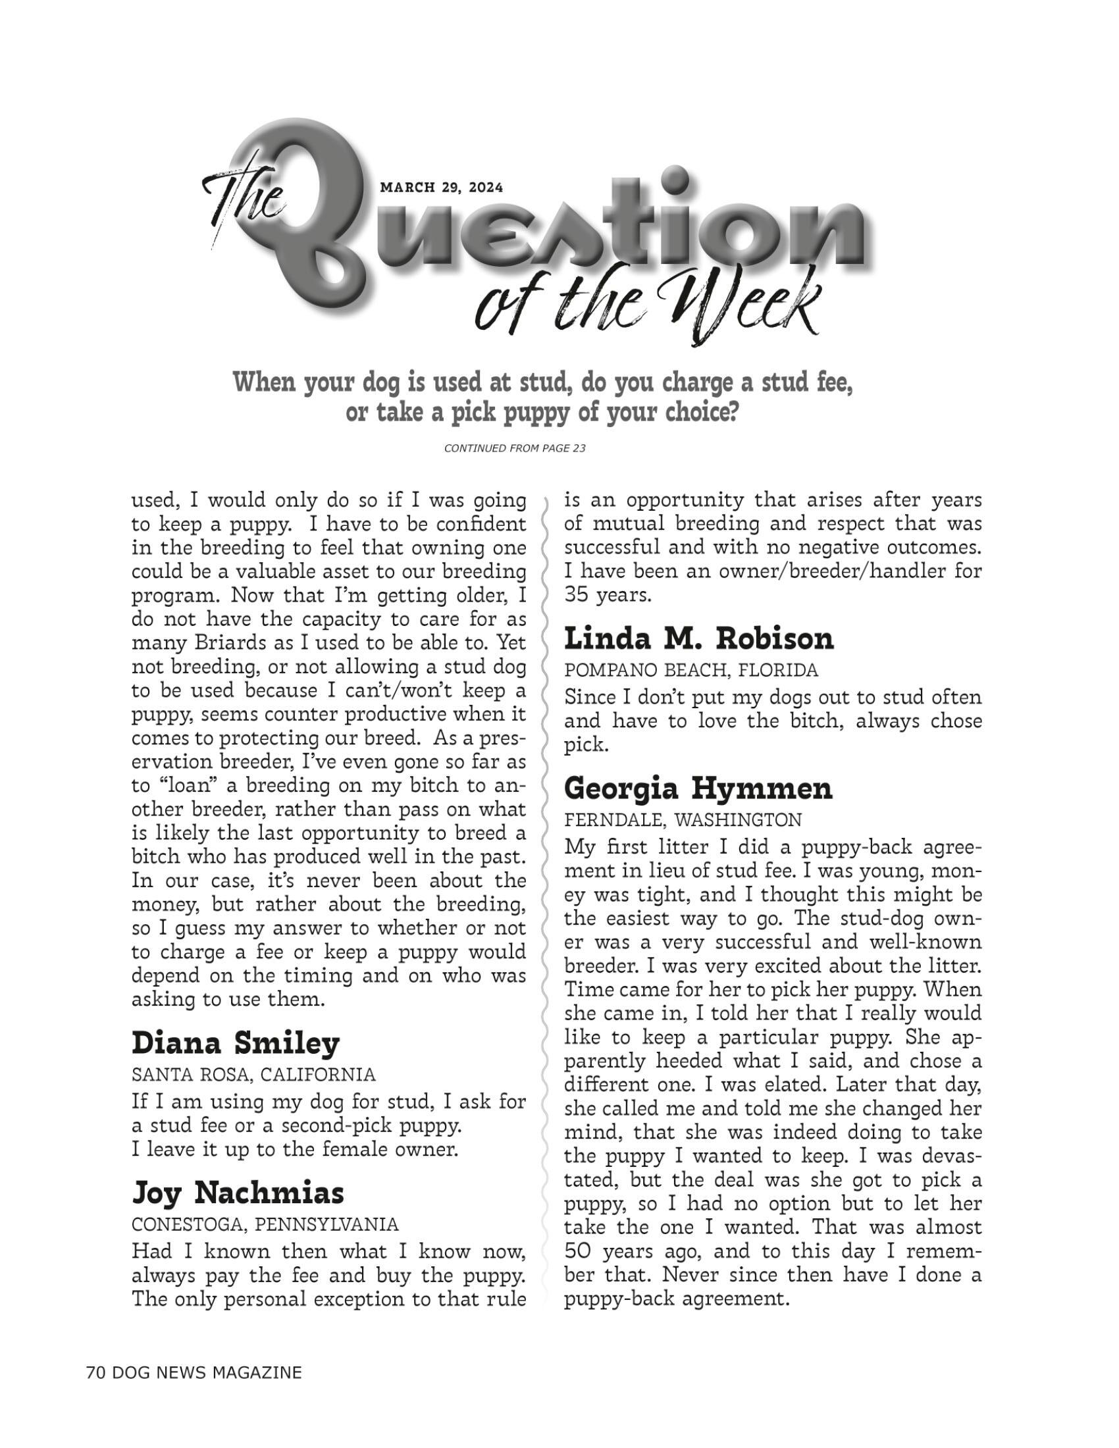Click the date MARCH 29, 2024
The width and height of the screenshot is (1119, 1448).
442,188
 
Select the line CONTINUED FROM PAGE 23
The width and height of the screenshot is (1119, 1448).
515,449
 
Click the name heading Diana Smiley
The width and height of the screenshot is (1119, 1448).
236,1043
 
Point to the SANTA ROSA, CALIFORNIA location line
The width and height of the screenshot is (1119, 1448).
253,1074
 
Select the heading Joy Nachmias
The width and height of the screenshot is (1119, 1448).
238,1193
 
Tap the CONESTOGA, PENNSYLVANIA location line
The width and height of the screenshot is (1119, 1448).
265,1224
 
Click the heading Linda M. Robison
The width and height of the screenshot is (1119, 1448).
698,639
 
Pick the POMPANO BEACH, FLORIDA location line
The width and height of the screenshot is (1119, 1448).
690,670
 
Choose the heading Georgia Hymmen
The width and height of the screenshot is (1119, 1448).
698,789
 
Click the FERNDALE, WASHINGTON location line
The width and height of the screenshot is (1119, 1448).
682,820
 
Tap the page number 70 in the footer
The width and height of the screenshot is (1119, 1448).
95,1372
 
